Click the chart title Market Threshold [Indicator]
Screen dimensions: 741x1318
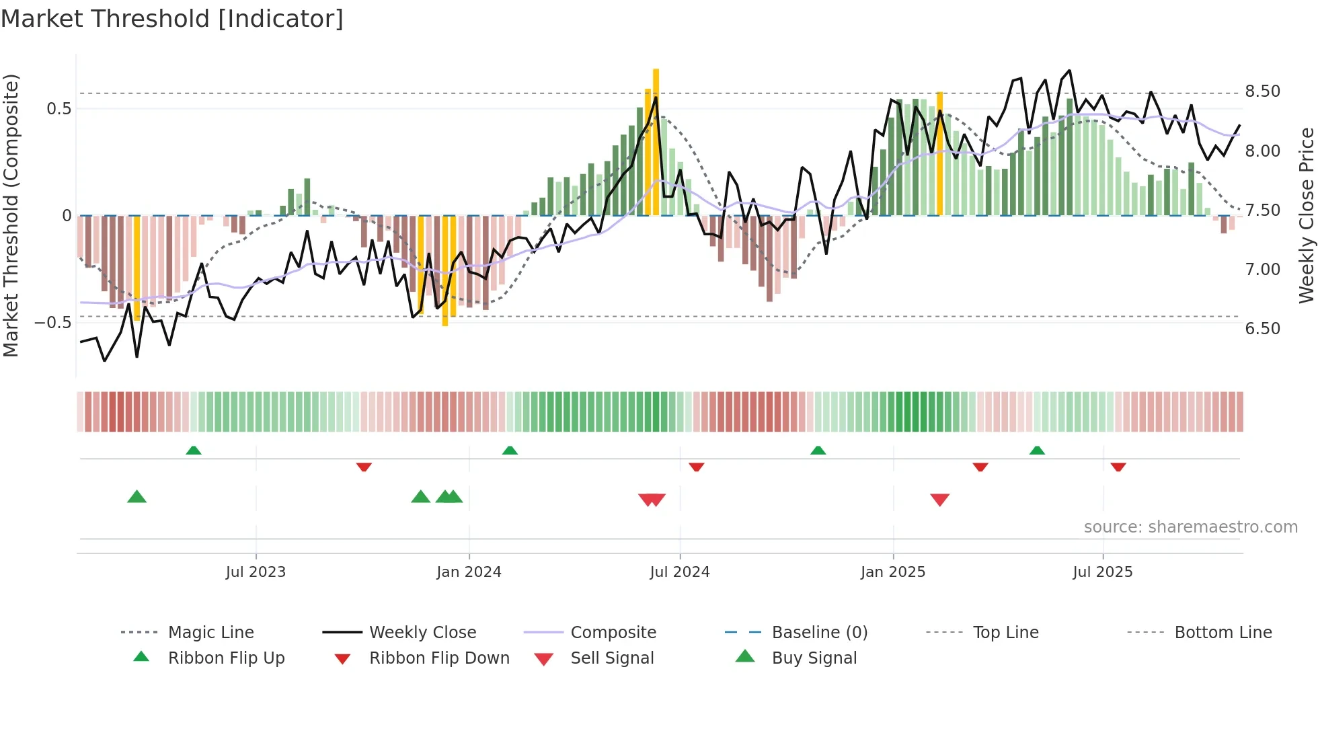point(172,19)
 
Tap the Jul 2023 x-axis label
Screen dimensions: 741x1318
point(256,572)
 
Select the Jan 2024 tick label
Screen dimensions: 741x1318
point(469,572)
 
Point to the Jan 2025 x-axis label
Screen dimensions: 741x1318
point(892,572)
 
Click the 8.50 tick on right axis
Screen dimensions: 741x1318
point(1262,91)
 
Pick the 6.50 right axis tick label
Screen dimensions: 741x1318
point(1262,329)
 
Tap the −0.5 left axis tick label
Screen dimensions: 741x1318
point(52,323)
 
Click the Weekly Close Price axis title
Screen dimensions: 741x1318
point(1306,215)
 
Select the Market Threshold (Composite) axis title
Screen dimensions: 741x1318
point(11,215)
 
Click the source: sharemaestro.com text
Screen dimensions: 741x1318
point(1190,527)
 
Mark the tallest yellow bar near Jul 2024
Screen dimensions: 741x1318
point(656,141)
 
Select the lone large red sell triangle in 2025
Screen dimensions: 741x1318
point(939,500)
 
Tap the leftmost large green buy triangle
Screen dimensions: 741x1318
point(137,497)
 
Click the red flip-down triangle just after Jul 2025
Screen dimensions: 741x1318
point(1118,467)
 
